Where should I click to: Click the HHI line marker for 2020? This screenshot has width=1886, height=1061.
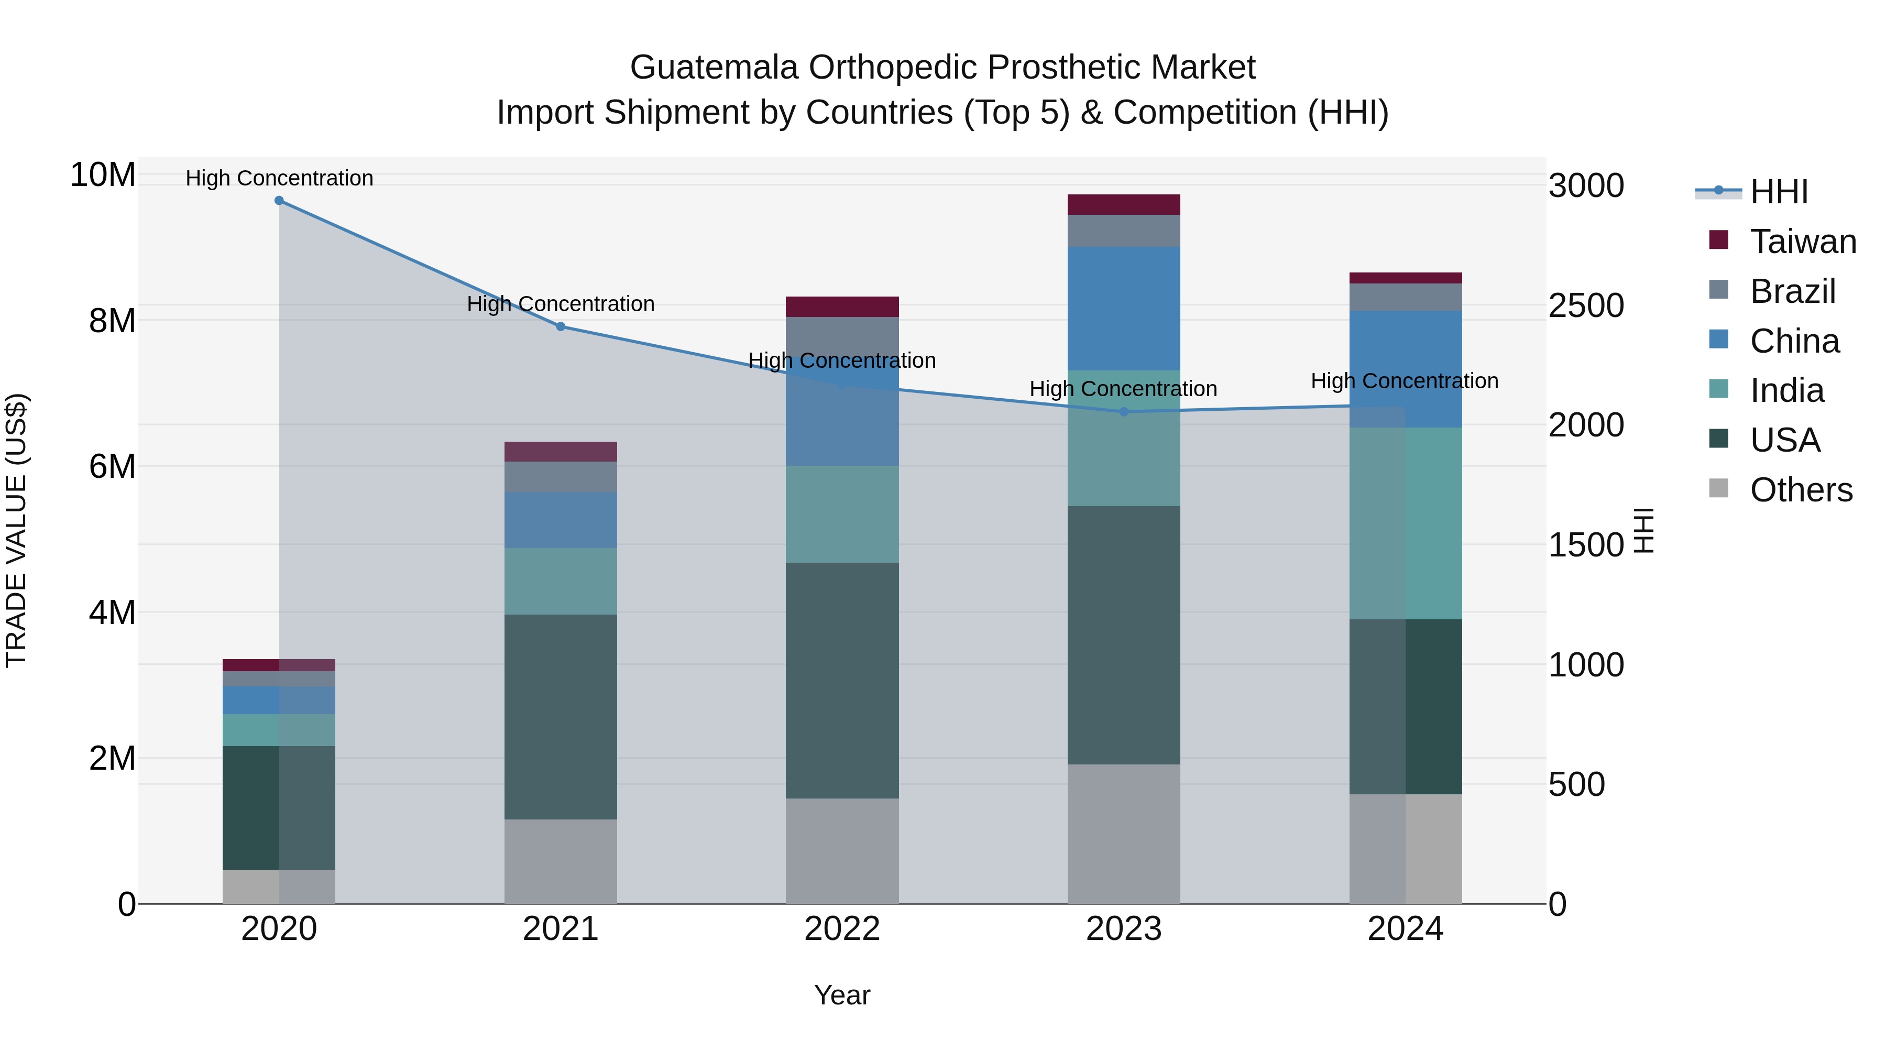279,201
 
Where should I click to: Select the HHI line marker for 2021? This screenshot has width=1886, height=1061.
561,326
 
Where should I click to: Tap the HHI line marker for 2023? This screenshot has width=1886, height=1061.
1124,411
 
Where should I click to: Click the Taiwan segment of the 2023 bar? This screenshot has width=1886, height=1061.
1124,204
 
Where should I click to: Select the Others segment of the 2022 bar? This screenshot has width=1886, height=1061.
842,850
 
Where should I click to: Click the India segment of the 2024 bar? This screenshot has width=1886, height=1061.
1405,523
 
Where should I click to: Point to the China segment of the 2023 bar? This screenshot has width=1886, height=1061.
1124,308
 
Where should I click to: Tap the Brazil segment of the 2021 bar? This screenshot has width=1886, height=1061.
561,477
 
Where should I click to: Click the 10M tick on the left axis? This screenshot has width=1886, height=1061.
103,175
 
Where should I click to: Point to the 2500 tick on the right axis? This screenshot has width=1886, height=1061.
1586,305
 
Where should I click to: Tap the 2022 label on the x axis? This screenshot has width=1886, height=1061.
842,929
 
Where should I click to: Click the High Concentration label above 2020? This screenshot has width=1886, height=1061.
279,178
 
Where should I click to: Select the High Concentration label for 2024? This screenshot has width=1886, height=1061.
1404,381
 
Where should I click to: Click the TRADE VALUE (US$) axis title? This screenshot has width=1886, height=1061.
16,530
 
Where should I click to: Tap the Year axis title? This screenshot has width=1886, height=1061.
842,995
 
